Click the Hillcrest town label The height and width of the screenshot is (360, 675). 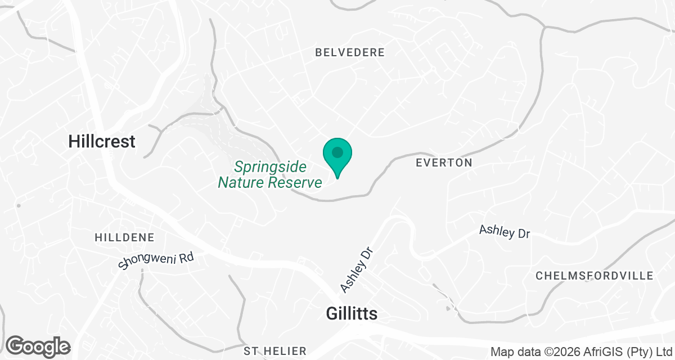102,141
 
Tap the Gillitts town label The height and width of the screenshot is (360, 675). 352,314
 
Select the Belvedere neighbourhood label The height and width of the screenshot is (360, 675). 350,52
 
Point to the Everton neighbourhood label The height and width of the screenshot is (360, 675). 443,163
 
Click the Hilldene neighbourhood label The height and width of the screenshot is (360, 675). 124,237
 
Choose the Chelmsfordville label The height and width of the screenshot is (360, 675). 594,276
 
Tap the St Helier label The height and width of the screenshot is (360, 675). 275,351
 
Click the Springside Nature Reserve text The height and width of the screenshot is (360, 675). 270,174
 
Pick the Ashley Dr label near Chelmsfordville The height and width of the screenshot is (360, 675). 505,231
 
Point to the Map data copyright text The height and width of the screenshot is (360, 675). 582,352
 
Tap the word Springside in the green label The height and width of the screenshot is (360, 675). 270,166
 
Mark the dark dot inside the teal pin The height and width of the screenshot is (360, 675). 337,152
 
